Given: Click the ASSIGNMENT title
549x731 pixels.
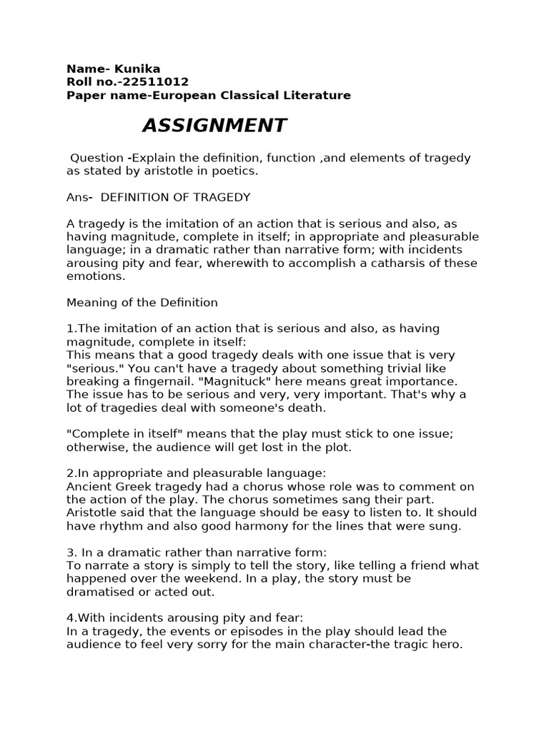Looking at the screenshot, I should [214, 126].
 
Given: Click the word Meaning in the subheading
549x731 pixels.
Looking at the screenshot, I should [90, 302].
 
